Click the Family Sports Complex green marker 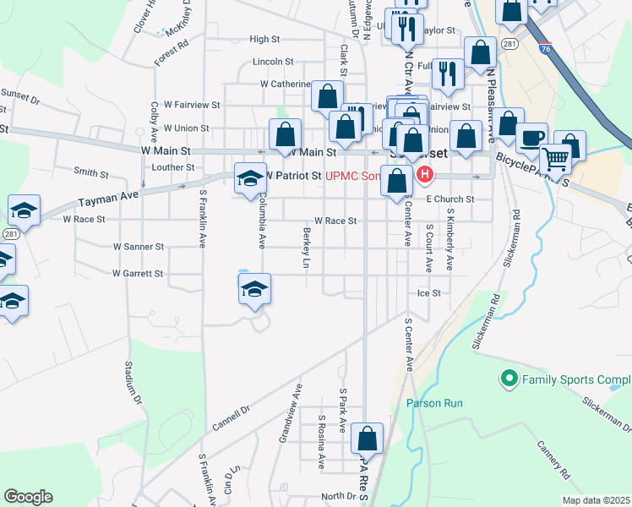tap(509, 379)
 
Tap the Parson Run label tap(434, 403)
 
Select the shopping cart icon tap(555, 157)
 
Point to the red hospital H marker tap(423, 175)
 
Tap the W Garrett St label tap(138, 274)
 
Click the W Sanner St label tap(139, 247)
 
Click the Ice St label tap(429, 293)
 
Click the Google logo tap(28, 497)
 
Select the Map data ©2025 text tap(596, 500)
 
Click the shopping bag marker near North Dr tap(367, 439)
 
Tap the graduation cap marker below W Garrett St tap(253, 290)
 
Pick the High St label tap(264, 39)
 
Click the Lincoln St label tap(272, 62)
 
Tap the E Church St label tap(450, 199)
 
